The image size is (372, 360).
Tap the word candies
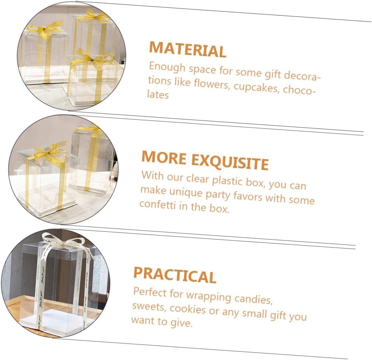click(252, 299)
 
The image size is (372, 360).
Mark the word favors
click(247, 197)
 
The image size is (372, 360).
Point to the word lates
click(158, 95)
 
